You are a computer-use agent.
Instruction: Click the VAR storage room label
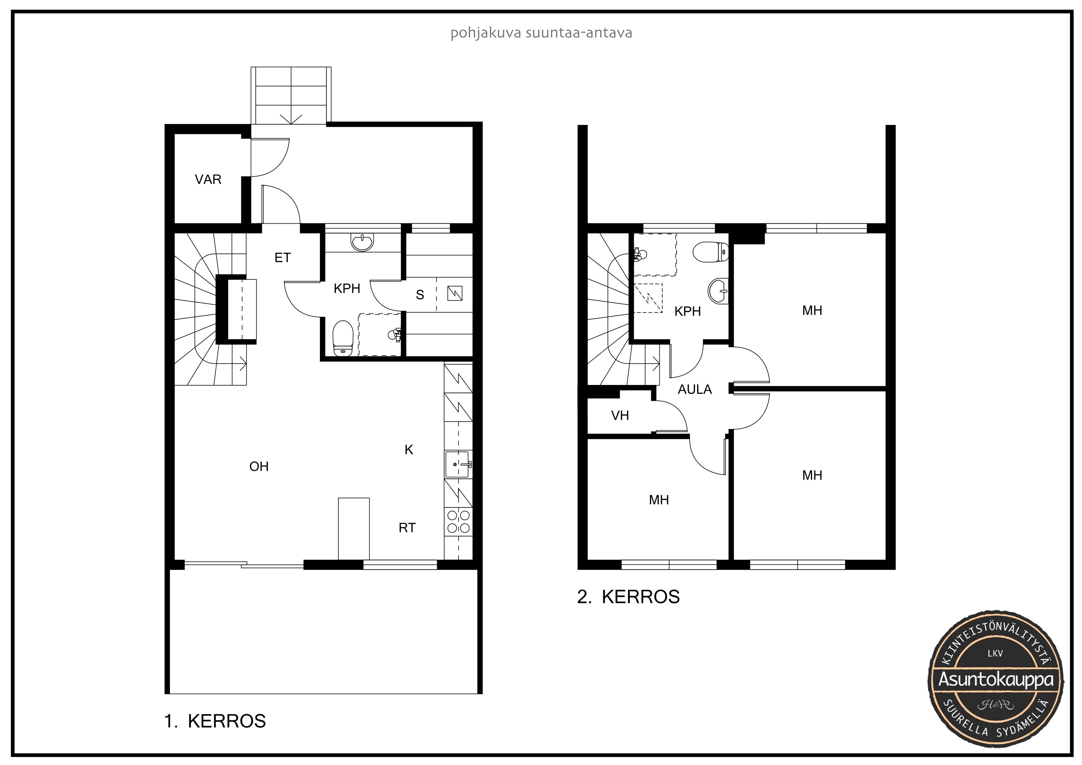coord(208,180)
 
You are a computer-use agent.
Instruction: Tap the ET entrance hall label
coord(283,258)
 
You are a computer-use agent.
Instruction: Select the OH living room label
coord(259,467)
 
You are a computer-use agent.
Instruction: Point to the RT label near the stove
coord(407,528)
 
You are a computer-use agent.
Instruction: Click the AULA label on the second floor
coord(695,389)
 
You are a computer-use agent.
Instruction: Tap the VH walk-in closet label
coord(620,416)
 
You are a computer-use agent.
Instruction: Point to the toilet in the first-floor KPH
coord(343,338)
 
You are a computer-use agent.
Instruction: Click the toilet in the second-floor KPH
coord(711,252)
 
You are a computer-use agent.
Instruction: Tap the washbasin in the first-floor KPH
coord(362,242)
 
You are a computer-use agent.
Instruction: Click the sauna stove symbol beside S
coord(454,293)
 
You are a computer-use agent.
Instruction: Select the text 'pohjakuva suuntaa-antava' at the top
coord(541,33)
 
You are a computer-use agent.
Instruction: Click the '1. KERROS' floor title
coord(215,721)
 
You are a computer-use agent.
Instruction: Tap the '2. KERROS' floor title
coord(628,597)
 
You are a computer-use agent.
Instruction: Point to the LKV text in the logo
coord(995,653)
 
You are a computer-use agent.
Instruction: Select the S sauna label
coord(420,295)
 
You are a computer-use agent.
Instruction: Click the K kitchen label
coord(409,450)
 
